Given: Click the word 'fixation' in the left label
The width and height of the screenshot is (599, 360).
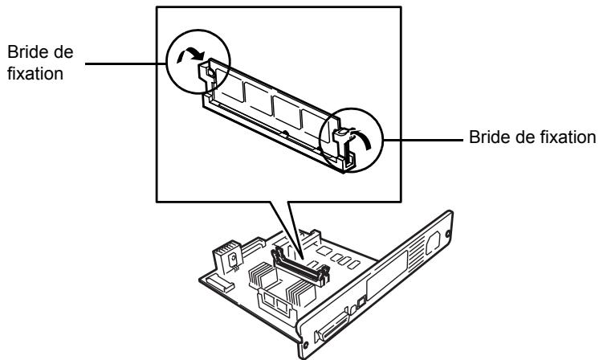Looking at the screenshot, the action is [x=35, y=73].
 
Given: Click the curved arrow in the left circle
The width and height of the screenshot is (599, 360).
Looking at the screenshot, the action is [x=189, y=55].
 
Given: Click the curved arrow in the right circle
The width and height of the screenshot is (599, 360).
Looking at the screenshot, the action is [x=363, y=137].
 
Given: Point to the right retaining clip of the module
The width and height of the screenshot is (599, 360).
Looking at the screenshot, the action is [x=343, y=147].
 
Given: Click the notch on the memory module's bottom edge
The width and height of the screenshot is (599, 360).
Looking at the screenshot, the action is [x=284, y=133].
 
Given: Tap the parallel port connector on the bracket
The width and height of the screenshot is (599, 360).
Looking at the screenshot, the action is [x=331, y=328].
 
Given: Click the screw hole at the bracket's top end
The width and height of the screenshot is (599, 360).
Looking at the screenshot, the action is [x=447, y=233].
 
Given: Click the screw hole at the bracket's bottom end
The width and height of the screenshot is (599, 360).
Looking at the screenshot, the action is [x=305, y=345].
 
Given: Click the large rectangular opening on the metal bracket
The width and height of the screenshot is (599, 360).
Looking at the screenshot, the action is [x=386, y=274].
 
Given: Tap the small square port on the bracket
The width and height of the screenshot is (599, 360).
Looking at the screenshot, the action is [x=361, y=302].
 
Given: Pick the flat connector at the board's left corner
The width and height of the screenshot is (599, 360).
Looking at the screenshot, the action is [x=220, y=283].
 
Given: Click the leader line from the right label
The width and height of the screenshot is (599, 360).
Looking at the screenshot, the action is [x=423, y=141].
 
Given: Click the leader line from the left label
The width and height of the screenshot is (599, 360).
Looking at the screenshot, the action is [x=126, y=63].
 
